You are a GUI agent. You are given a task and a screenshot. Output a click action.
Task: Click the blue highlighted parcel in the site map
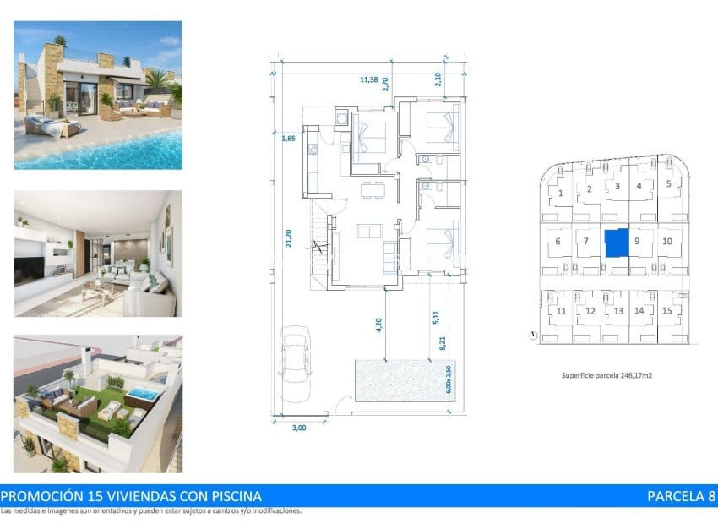(617, 243)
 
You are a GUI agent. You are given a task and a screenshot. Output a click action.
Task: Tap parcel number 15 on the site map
(666, 311)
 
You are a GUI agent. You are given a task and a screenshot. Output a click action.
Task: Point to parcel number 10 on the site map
(667, 241)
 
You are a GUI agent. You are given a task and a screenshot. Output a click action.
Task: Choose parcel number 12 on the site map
(590, 312)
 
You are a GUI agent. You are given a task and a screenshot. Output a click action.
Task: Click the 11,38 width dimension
(369, 79)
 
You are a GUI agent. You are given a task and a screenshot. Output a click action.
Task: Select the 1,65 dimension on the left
(287, 138)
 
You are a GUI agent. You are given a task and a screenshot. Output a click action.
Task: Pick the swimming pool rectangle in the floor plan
(403, 380)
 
